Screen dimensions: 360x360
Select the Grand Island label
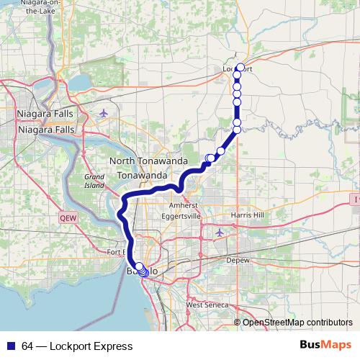[94, 180]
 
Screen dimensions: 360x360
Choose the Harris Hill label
[248, 215]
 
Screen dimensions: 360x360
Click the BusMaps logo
[325, 346]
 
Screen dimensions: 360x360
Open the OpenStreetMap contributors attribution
[297, 323]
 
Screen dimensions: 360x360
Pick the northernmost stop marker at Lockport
[240, 68]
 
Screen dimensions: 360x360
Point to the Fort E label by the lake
[115, 252]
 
